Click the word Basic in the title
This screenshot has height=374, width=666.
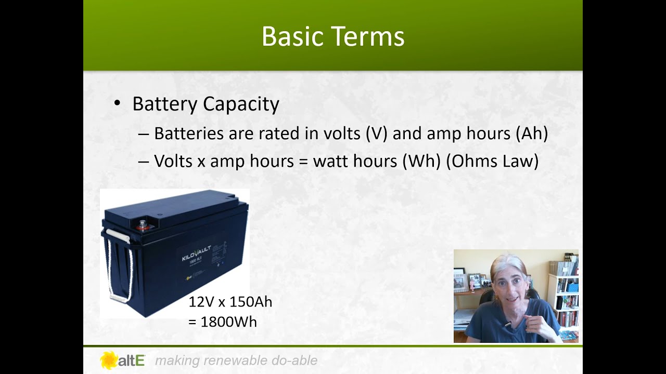coord(292,37)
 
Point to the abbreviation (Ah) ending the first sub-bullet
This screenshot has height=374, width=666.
coord(532,133)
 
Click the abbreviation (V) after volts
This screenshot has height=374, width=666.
coord(377,133)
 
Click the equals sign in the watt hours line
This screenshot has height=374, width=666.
coord(303,161)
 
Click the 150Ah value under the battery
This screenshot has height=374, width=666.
coord(251,302)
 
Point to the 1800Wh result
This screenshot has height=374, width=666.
coord(228,322)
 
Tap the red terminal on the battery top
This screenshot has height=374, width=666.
coord(141,226)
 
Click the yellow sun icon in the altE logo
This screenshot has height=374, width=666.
coord(109,360)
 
